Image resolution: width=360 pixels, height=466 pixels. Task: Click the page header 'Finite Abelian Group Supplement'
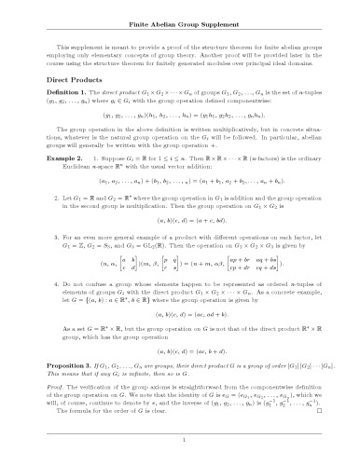coord(180,20)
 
